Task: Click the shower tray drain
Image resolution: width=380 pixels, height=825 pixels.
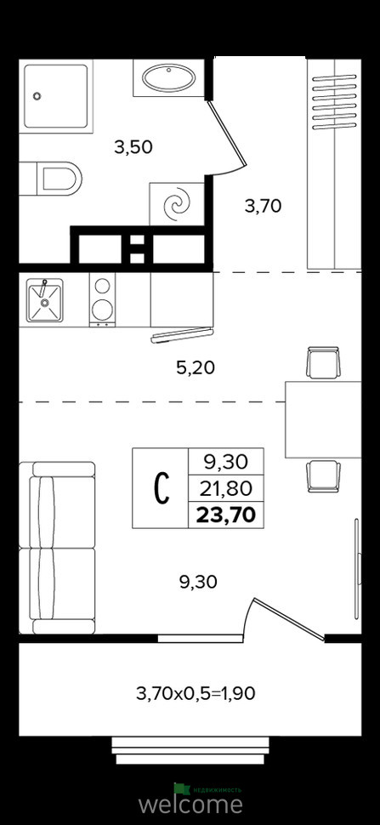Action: (37, 96)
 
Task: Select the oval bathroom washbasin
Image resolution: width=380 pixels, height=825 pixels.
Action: (168, 78)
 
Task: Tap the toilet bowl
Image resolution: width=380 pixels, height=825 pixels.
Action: (58, 179)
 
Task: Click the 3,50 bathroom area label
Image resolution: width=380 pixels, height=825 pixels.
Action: (133, 147)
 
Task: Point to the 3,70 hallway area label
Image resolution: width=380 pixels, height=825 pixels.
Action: (264, 205)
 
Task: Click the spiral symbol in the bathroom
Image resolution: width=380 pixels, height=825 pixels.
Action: (177, 204)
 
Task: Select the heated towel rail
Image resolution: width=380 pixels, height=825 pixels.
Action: (334, 103)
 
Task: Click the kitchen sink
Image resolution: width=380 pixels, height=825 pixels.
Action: (45, 300)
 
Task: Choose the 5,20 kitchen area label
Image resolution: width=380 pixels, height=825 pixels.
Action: (196, 368)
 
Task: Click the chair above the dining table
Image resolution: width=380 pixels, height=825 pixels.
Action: (323, 362)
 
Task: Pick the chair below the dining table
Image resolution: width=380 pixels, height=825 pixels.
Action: (323, 476)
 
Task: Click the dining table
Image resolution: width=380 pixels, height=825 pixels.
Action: (323, 419)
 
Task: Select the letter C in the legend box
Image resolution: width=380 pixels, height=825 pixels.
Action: (162, 488)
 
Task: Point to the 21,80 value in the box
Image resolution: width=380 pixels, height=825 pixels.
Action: (226, 489)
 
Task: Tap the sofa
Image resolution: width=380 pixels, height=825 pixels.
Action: (57, 548)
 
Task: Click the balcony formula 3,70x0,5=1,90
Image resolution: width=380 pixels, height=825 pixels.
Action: (196, 694)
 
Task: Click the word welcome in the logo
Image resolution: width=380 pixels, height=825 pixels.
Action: (190, 804)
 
